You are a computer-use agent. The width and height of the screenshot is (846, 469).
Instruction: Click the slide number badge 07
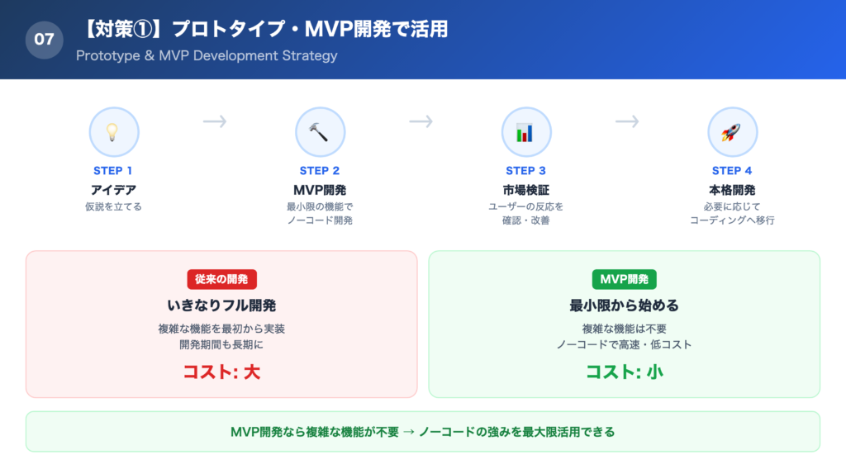click(45, 39)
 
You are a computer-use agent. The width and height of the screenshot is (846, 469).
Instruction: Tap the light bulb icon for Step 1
click(113, 132)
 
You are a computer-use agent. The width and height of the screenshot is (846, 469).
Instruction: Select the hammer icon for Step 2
click(320, 132)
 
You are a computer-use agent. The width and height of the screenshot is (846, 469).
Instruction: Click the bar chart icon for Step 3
click(525, 132)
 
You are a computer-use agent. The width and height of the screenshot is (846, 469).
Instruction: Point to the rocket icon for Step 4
click(732, 132)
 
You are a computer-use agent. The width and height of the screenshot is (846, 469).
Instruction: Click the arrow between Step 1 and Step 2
click(215, 122)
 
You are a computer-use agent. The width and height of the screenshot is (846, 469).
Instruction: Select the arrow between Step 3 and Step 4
click(627, 122)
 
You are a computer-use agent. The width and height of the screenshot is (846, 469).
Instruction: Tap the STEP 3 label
click(525, 171)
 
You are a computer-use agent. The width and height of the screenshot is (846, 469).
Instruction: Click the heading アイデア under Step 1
click(113, 190)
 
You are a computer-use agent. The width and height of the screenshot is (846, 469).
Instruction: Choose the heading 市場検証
click(525, 190)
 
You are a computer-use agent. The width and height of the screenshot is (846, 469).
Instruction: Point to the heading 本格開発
click(732, 190)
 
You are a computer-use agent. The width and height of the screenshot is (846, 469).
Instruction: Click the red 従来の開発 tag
click(221, 279)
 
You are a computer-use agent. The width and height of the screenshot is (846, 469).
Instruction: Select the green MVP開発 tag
click(624, 279)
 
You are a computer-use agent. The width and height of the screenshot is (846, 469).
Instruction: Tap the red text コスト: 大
click(221, 372)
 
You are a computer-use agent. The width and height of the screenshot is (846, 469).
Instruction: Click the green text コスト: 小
click(624, 372)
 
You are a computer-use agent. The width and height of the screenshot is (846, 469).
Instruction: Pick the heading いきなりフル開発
click(221, 306)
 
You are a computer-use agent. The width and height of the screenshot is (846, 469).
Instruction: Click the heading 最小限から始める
click(624, 306)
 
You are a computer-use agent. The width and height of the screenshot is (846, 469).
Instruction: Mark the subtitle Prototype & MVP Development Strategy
click(206, 56)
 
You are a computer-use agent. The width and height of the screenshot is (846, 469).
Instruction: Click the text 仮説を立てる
click(113, 206)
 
